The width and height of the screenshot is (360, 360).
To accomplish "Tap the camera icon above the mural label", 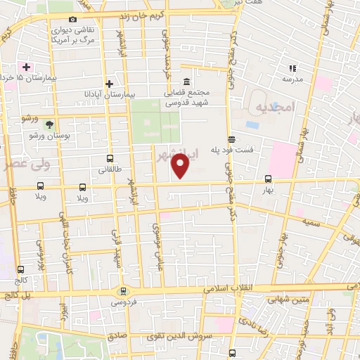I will pos(73,20).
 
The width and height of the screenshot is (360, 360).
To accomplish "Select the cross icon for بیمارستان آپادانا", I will pos(110,84).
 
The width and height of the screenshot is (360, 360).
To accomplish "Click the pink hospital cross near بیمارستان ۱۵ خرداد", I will pos(27,67).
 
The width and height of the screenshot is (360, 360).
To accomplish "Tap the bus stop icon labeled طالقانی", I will pos(109,159).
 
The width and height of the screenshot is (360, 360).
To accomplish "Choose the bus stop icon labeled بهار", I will pos(267,179).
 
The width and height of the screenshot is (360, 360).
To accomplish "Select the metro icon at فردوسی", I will pos(124,291).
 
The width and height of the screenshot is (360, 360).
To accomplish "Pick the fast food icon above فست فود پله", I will pos(231,139).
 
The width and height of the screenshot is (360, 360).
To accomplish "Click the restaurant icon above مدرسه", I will pos(292,68).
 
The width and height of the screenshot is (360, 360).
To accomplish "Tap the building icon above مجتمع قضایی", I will pos(186,81).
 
